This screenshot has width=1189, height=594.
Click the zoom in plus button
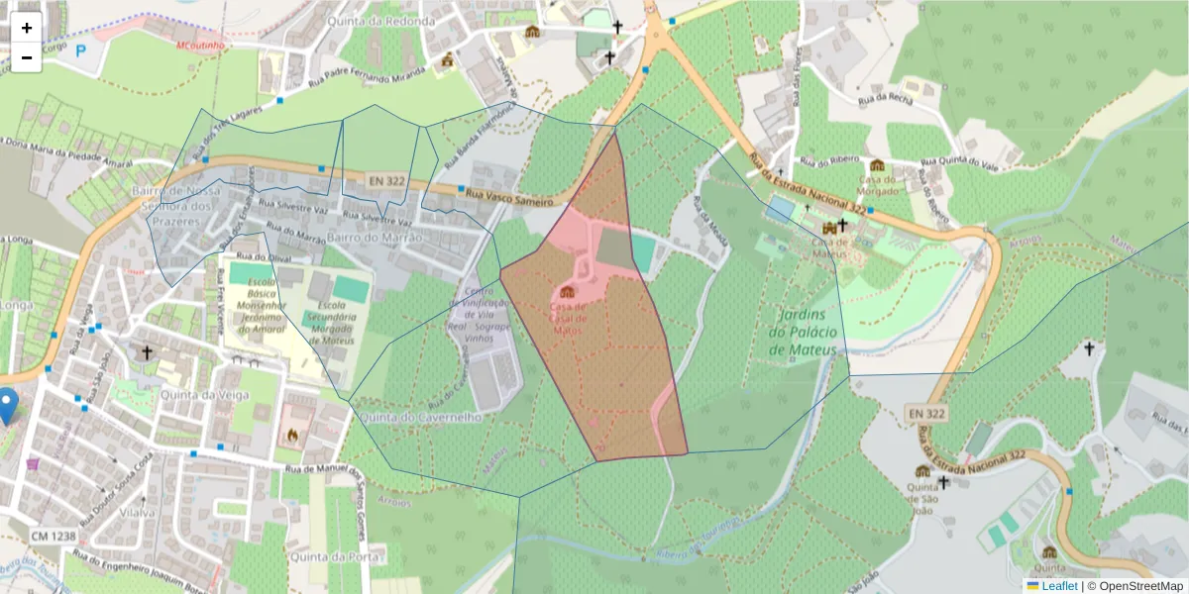pos(27,28)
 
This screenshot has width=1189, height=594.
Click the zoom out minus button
pos(27,57)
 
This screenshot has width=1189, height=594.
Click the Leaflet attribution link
pos(1058,586)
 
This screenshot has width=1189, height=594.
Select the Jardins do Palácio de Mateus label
pos(803,333)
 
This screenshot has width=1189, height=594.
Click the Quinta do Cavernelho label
pos(421,418)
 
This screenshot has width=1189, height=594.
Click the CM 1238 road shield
pos(54,537)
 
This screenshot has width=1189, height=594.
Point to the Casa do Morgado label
pos(879,184)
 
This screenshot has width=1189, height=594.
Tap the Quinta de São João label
pos(923,491)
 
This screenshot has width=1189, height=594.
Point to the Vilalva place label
pos(136,512)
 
